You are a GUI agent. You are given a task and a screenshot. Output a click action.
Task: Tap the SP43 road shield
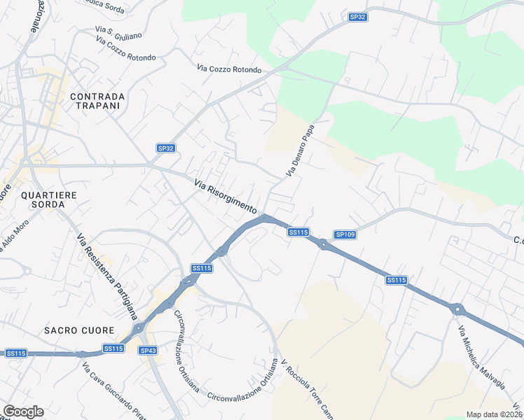148,350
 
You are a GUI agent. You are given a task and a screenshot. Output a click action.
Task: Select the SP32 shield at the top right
357,17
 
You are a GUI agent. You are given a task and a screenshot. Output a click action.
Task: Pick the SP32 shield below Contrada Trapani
165,148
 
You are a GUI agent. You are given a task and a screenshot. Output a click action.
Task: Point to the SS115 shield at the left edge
15,353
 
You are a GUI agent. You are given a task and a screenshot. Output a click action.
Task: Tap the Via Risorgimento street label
226,196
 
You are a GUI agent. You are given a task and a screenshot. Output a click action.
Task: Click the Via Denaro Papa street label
298,150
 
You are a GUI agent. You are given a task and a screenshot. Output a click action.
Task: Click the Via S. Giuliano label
118,34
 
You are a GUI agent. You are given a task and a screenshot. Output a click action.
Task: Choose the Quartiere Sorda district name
43,199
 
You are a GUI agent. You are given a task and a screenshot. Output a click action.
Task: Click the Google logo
23,412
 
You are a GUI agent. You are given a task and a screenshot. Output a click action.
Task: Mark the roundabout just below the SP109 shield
323,244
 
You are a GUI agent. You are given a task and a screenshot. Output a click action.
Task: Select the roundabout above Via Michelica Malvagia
457,309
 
